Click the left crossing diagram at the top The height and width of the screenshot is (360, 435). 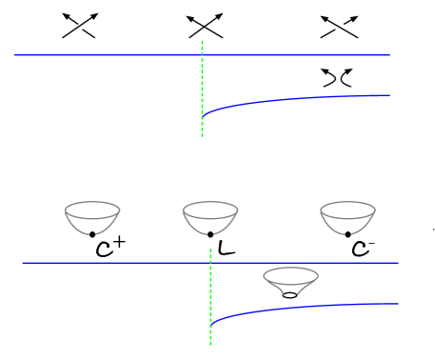[78, 26]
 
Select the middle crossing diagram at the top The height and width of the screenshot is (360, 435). [208, 26]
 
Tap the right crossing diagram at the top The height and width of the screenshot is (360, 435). [337, 26]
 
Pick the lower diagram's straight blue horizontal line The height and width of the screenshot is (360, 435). [114, 263]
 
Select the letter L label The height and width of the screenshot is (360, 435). [226, 248]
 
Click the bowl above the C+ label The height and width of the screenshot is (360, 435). [91, 217]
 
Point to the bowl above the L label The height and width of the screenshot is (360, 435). [210, 217]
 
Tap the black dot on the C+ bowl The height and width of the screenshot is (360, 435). [91, 233]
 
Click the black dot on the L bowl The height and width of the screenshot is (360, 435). [210, 233]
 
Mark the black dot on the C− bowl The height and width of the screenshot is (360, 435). [347, 233]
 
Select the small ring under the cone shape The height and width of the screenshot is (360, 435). [289, 295]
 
